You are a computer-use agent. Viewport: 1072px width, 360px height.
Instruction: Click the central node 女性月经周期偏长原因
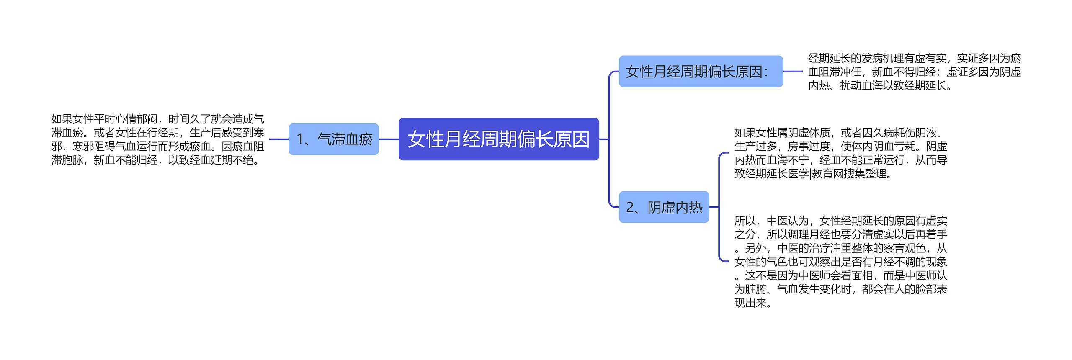pyautogui.click(x=498, y=139)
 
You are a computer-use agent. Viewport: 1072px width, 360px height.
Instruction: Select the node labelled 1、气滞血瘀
pyautogui.click(x=334, y=139)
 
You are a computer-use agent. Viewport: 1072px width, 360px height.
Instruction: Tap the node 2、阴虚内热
pyautogui.click(x=664, y=207)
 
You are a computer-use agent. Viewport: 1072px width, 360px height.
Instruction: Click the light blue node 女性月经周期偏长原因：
pyautogui.click(x=701, y=72)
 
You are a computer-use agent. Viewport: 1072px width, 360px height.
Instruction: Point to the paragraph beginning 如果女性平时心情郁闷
pyautogui.click(x=157, y=139)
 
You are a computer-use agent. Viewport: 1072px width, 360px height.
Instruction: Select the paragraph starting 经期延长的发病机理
pyautogui.click(x=914, y=72)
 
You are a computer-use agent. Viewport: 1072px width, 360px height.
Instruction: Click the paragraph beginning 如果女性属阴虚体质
pyautogui.click(x=840, y=153)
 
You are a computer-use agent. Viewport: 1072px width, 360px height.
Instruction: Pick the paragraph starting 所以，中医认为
pyautogui.click(x=840, y=261)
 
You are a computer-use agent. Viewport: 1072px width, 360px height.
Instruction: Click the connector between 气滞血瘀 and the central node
pyautogui.click(x=389, y=139)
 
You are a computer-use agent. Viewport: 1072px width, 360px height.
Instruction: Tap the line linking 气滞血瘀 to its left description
pyautogui.click(x=278, y=139)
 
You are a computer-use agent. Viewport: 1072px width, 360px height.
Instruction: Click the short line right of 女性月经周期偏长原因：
pyautogui.click(x=793, y=72)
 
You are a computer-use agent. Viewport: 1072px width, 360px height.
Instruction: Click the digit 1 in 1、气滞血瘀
pyautogui.click(x=300, y=139)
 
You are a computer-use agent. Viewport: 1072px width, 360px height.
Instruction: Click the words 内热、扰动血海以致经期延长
pyautogui.click(x=879, y=85)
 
